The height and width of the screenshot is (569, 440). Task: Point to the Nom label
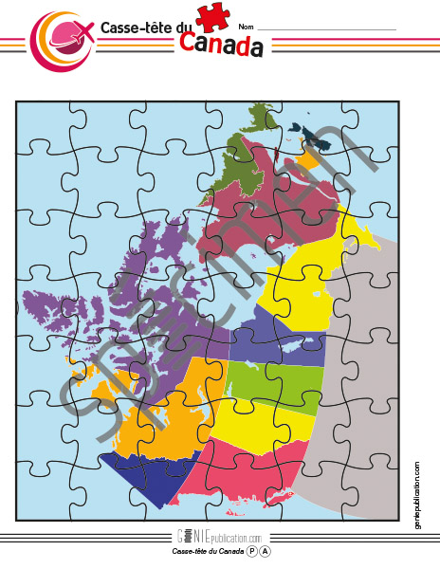(246, 27)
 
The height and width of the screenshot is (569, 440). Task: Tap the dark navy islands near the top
(313, 138)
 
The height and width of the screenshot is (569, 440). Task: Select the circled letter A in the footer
(266, 551)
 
